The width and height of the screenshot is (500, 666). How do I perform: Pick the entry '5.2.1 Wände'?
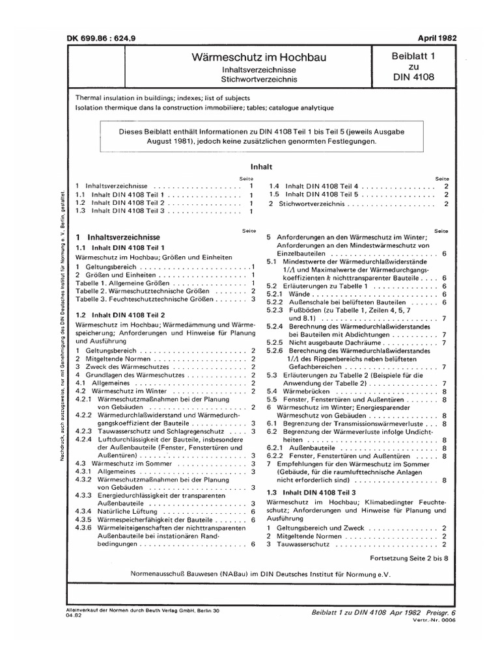tap(289, 294)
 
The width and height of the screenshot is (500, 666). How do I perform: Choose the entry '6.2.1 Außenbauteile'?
tap(302, 449)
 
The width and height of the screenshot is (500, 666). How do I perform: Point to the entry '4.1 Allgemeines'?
tap(107, 383)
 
